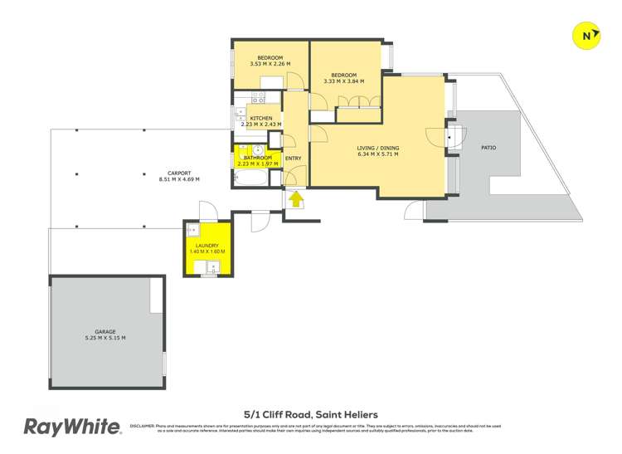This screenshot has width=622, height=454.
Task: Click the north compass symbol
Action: point(587,36)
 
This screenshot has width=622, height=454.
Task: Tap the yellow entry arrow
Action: point(294,198)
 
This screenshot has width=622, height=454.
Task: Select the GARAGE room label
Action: point(105,330)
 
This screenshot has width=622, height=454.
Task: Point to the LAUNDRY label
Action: point(207,246)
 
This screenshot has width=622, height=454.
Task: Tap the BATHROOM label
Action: point(258,158)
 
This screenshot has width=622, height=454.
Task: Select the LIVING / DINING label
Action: point(377,148)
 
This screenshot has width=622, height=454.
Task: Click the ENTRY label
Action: point(294,159)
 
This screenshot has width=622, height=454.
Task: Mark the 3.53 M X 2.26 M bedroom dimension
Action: point(270,65)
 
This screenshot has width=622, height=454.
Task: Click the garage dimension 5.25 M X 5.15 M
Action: point(105,338)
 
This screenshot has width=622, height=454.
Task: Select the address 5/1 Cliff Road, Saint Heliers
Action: point(311,413)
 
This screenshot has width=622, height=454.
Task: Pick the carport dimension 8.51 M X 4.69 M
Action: point(179,179)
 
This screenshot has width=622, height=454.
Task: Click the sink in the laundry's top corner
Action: point(192,230)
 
